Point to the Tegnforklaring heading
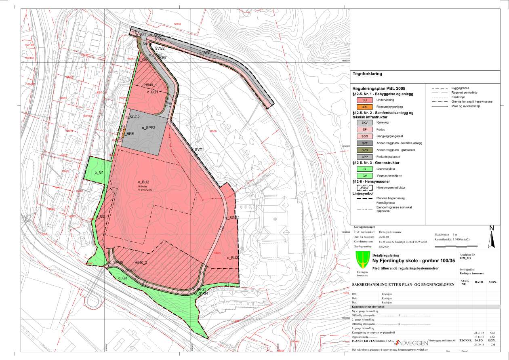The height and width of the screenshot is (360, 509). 367,74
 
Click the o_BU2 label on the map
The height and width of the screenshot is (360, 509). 143,182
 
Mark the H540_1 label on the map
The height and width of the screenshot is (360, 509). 150,85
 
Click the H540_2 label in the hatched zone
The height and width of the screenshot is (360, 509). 141,263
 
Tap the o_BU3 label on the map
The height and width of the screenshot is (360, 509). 233,257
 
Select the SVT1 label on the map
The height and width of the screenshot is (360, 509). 199,149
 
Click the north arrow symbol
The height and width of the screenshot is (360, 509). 492,238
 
